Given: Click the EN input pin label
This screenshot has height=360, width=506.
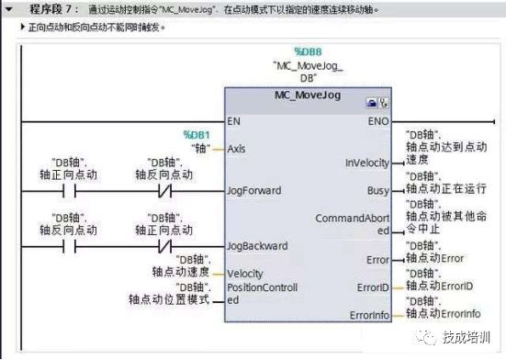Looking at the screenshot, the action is point(234,120).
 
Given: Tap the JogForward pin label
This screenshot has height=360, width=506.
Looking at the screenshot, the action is point(254,191).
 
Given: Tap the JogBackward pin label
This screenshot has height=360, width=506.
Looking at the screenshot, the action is point(257,246).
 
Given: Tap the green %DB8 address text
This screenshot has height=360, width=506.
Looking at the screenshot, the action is point(308,52).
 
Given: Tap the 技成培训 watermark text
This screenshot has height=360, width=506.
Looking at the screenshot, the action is point(467,336).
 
